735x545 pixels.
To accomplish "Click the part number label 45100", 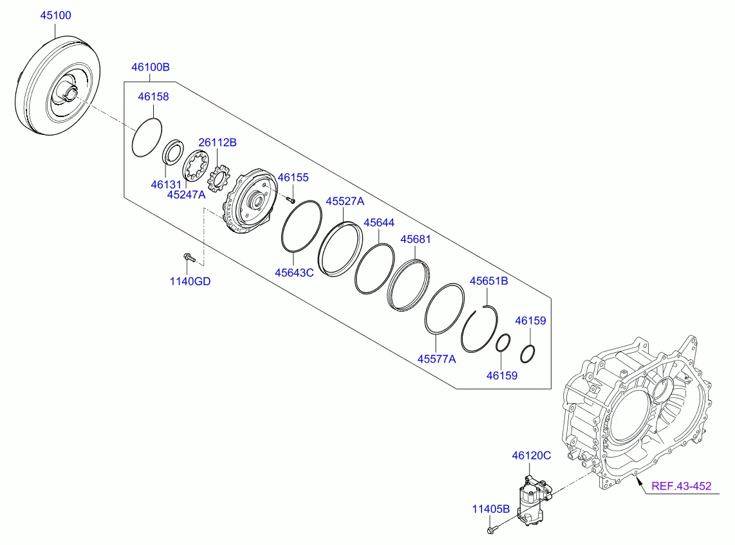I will click(x=56, y=15).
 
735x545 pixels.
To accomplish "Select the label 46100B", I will click(x=151, y=67).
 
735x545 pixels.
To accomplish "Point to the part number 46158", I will click(x=154, y=96).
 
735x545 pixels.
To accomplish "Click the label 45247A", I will click(x=186, y=194).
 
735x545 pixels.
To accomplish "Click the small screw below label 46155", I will click(x=291, y=200).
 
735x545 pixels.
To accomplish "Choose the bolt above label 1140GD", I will click(x=188, y=258).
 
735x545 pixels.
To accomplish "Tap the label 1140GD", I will click(x=190, y=281).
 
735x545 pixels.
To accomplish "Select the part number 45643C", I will click(x=293, y=272).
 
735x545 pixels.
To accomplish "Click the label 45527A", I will click(x=344, y=201).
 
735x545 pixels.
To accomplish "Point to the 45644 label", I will click(x=379, y=222).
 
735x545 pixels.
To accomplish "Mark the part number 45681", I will click(x=416, y=238).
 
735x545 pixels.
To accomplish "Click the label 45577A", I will click(x=436, y=359).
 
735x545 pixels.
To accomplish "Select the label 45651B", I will click(x=488, y=281).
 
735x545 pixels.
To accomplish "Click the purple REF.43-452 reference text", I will click(x=681, y=486).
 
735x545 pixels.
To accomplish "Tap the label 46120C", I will click(x=532, y=456).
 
